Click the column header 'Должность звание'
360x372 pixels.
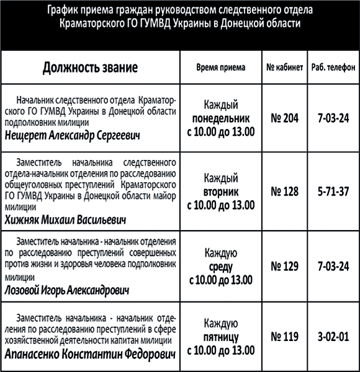pos(90,68)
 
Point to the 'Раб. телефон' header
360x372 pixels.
pos(333,68)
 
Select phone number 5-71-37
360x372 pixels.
pos(333,192)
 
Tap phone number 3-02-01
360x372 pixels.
pos(333,338)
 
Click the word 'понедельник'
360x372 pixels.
pos(221,117)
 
